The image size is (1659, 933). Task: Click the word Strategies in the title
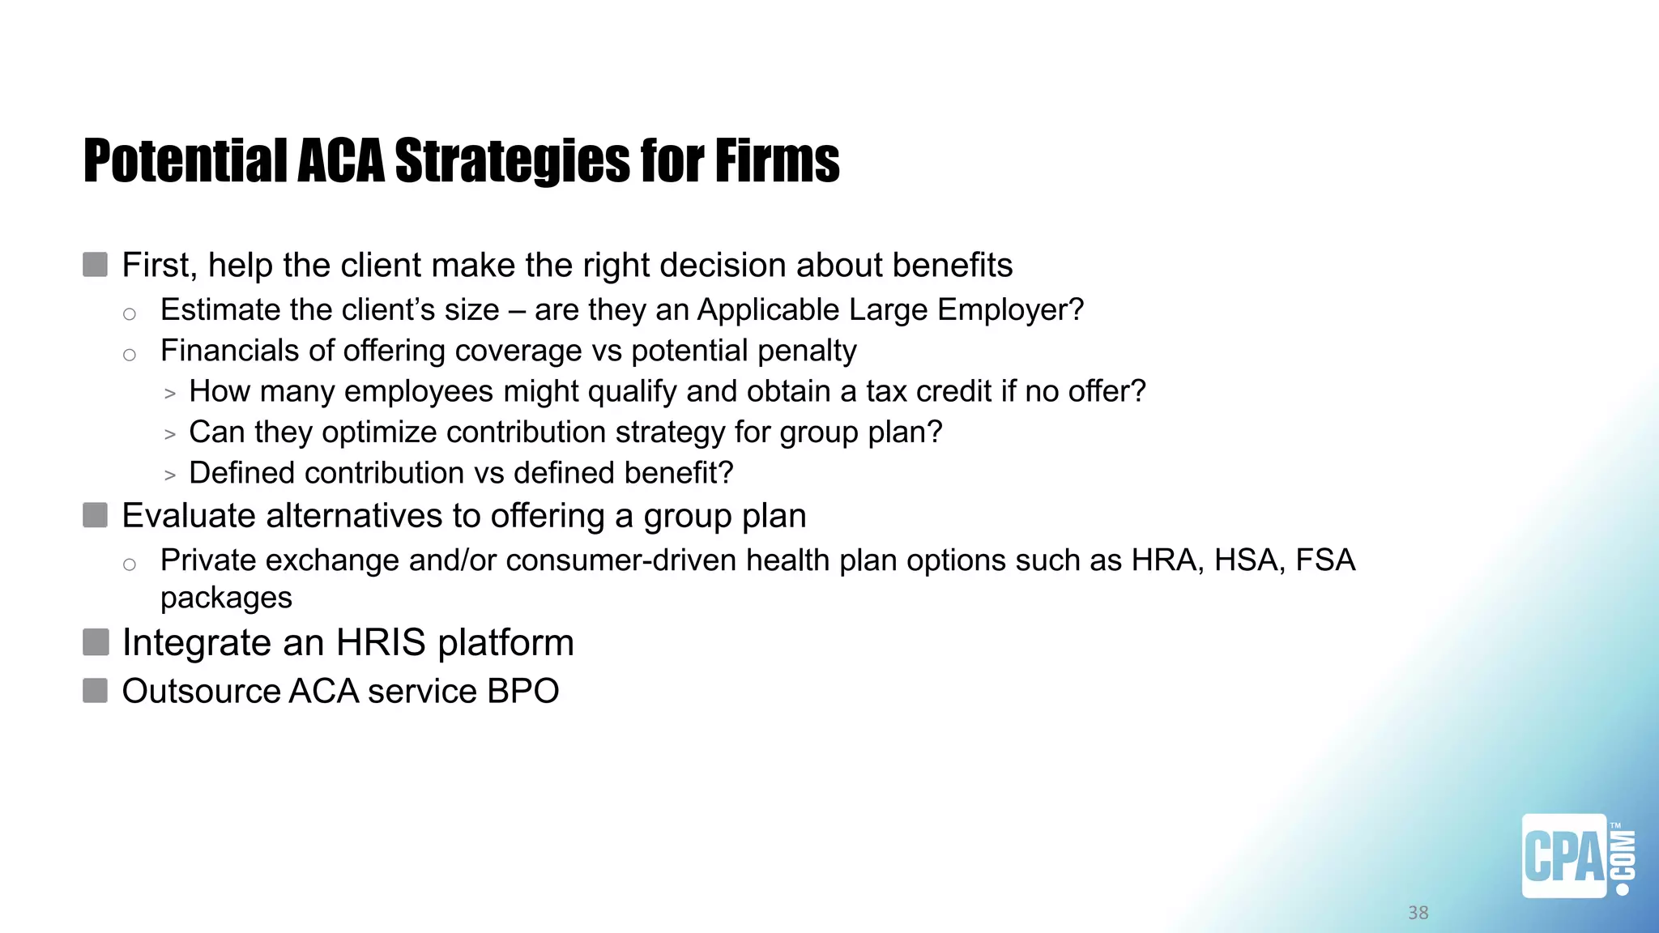coord(513,161)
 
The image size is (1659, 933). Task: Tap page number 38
coord(1418,913)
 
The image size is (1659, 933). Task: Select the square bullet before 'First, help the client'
coord(96,265)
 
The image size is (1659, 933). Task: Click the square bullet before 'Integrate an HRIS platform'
coord(96,642)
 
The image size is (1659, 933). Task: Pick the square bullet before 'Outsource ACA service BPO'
coord(96,691)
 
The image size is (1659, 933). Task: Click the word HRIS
coord(380,643)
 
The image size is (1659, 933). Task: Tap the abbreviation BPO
coord(522,692)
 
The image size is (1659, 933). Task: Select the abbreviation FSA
coord(1325,560)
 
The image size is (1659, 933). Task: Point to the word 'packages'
coord(226,599)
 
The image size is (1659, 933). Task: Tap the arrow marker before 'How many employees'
coord(170,394)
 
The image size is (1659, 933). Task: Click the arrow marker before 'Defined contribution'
coord(170,475)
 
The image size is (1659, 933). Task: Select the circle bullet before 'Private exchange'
coord(130,564)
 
